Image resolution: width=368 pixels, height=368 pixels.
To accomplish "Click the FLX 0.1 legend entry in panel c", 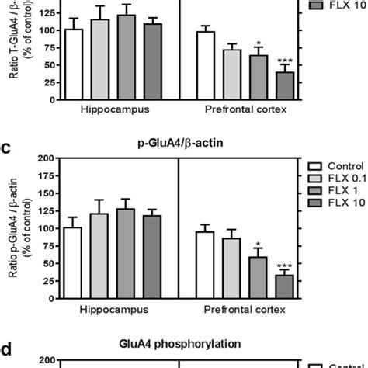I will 335,179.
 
